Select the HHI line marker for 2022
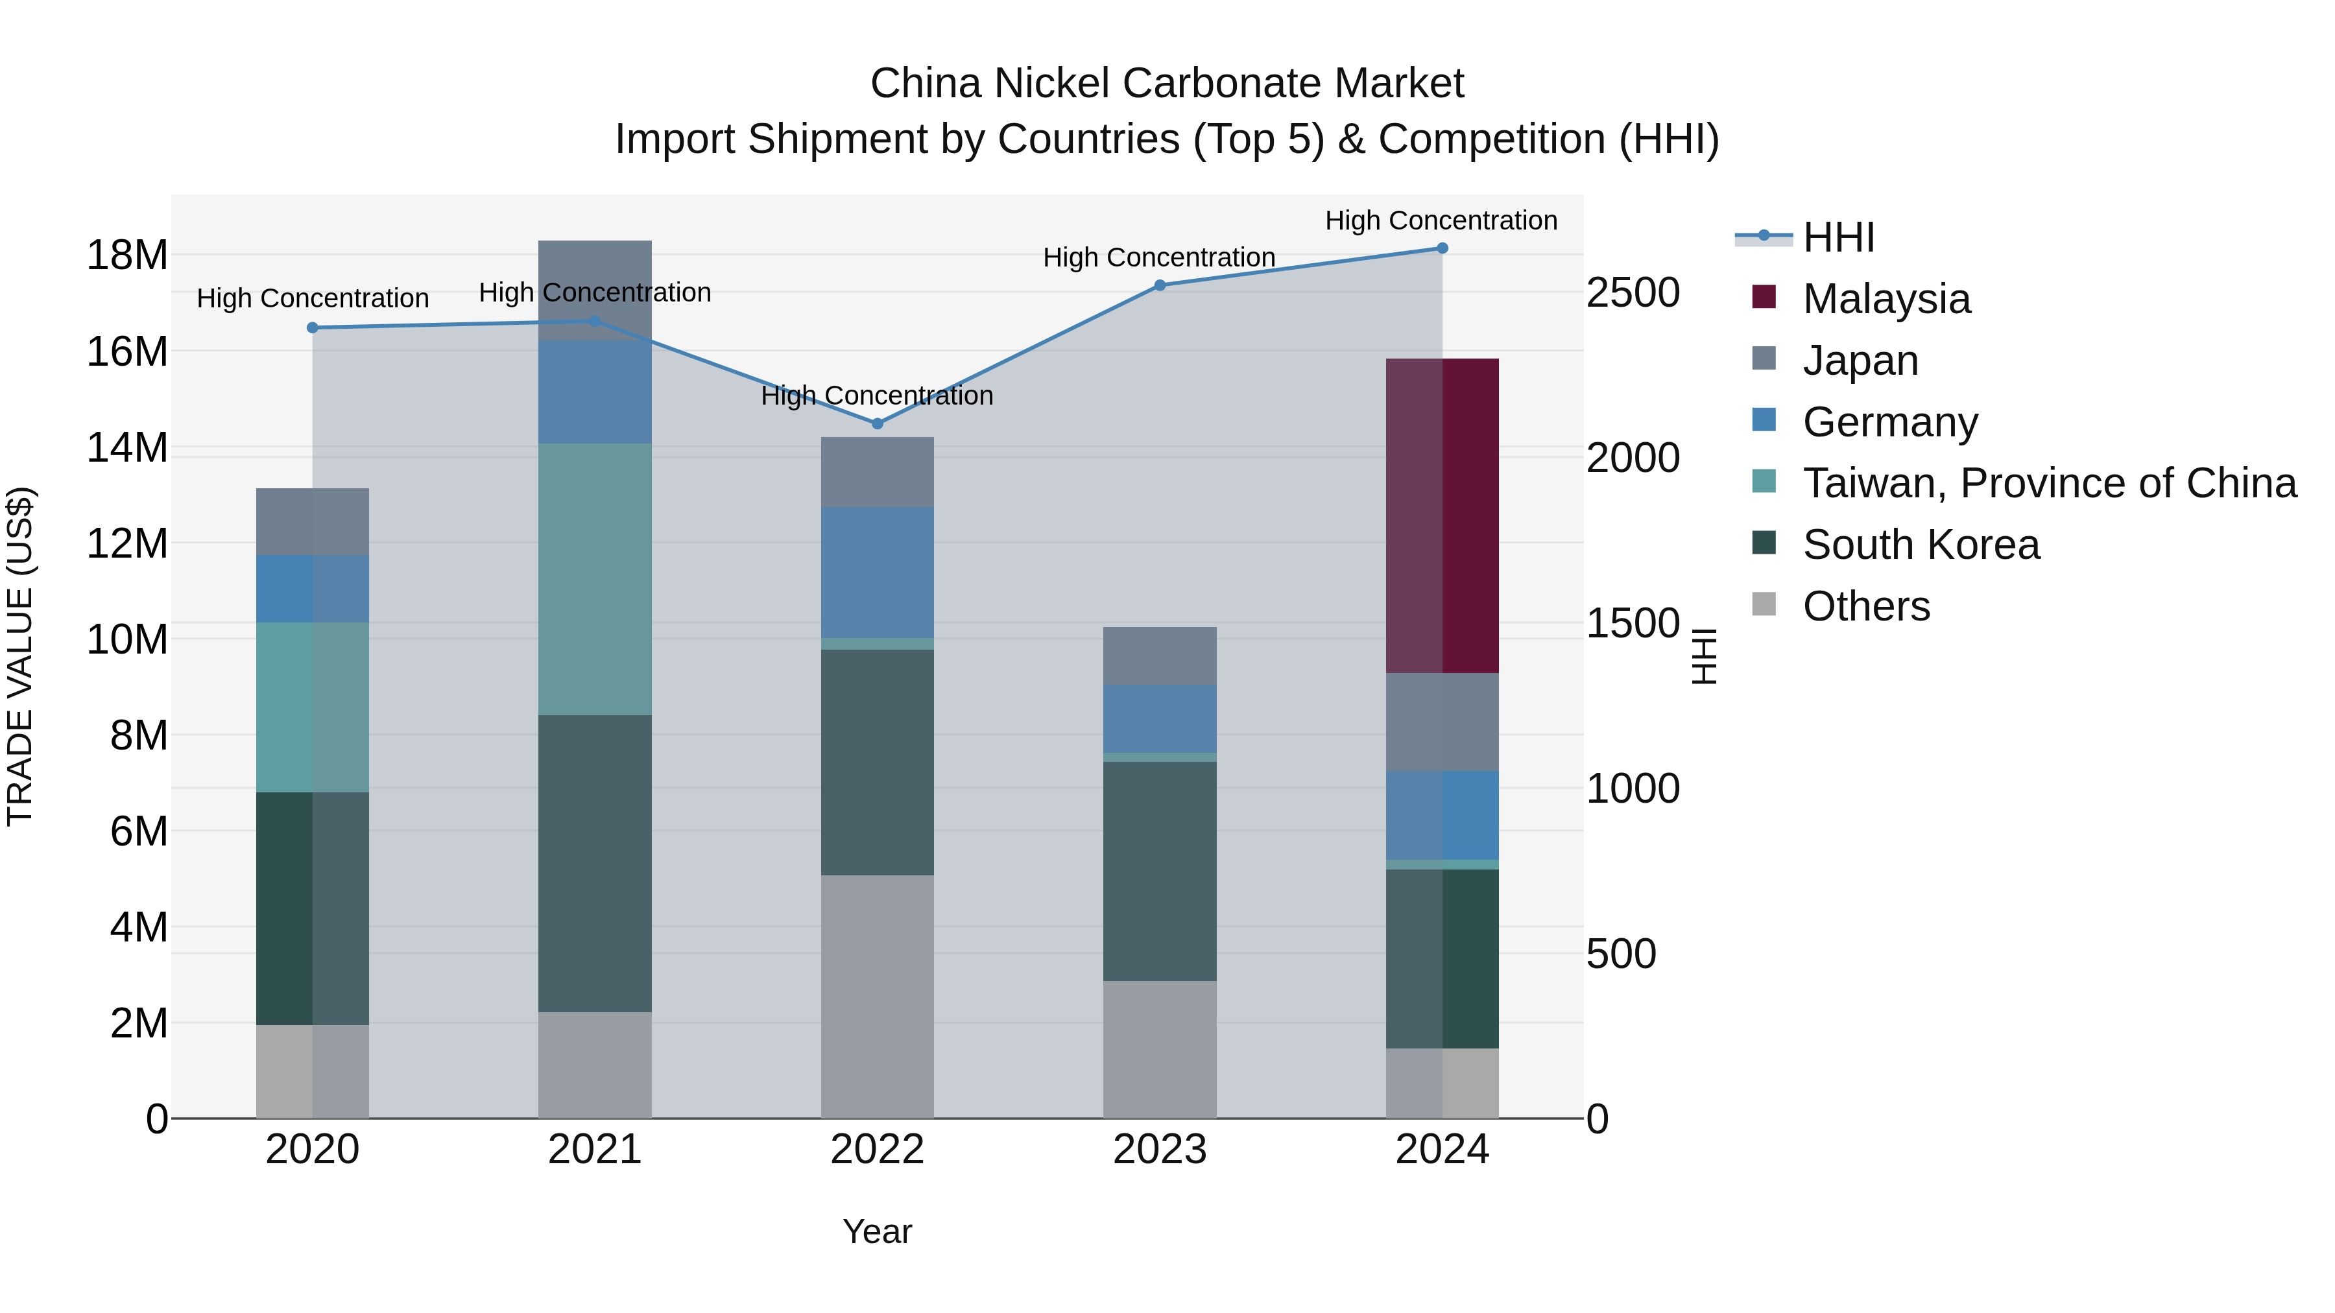tap(876, 423)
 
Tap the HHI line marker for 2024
tap(1442, 248)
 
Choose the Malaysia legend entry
tap(1886, 299)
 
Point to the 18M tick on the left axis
tap(127, 255)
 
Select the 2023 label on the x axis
tap(1159, 1150)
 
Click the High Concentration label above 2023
tap(1158, 257)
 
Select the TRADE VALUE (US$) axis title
tap(20, 656)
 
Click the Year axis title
tap(876, 1231)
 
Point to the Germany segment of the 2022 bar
tap(876, 572)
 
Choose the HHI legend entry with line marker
tap(1838, 237)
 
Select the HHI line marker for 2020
tap(313, 327)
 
